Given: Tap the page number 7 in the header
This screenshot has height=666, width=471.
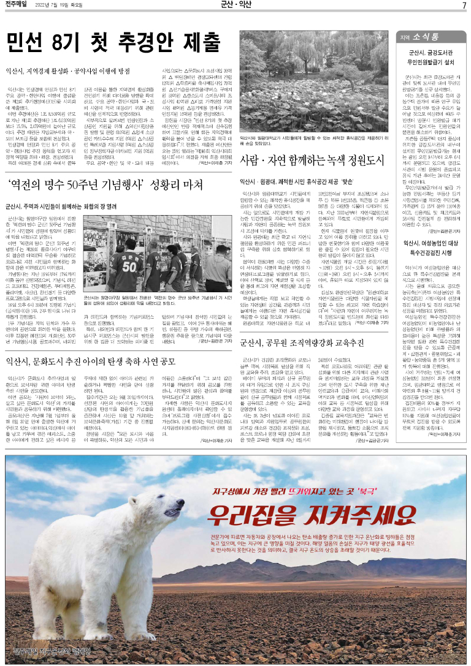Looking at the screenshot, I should pos(464,6).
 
